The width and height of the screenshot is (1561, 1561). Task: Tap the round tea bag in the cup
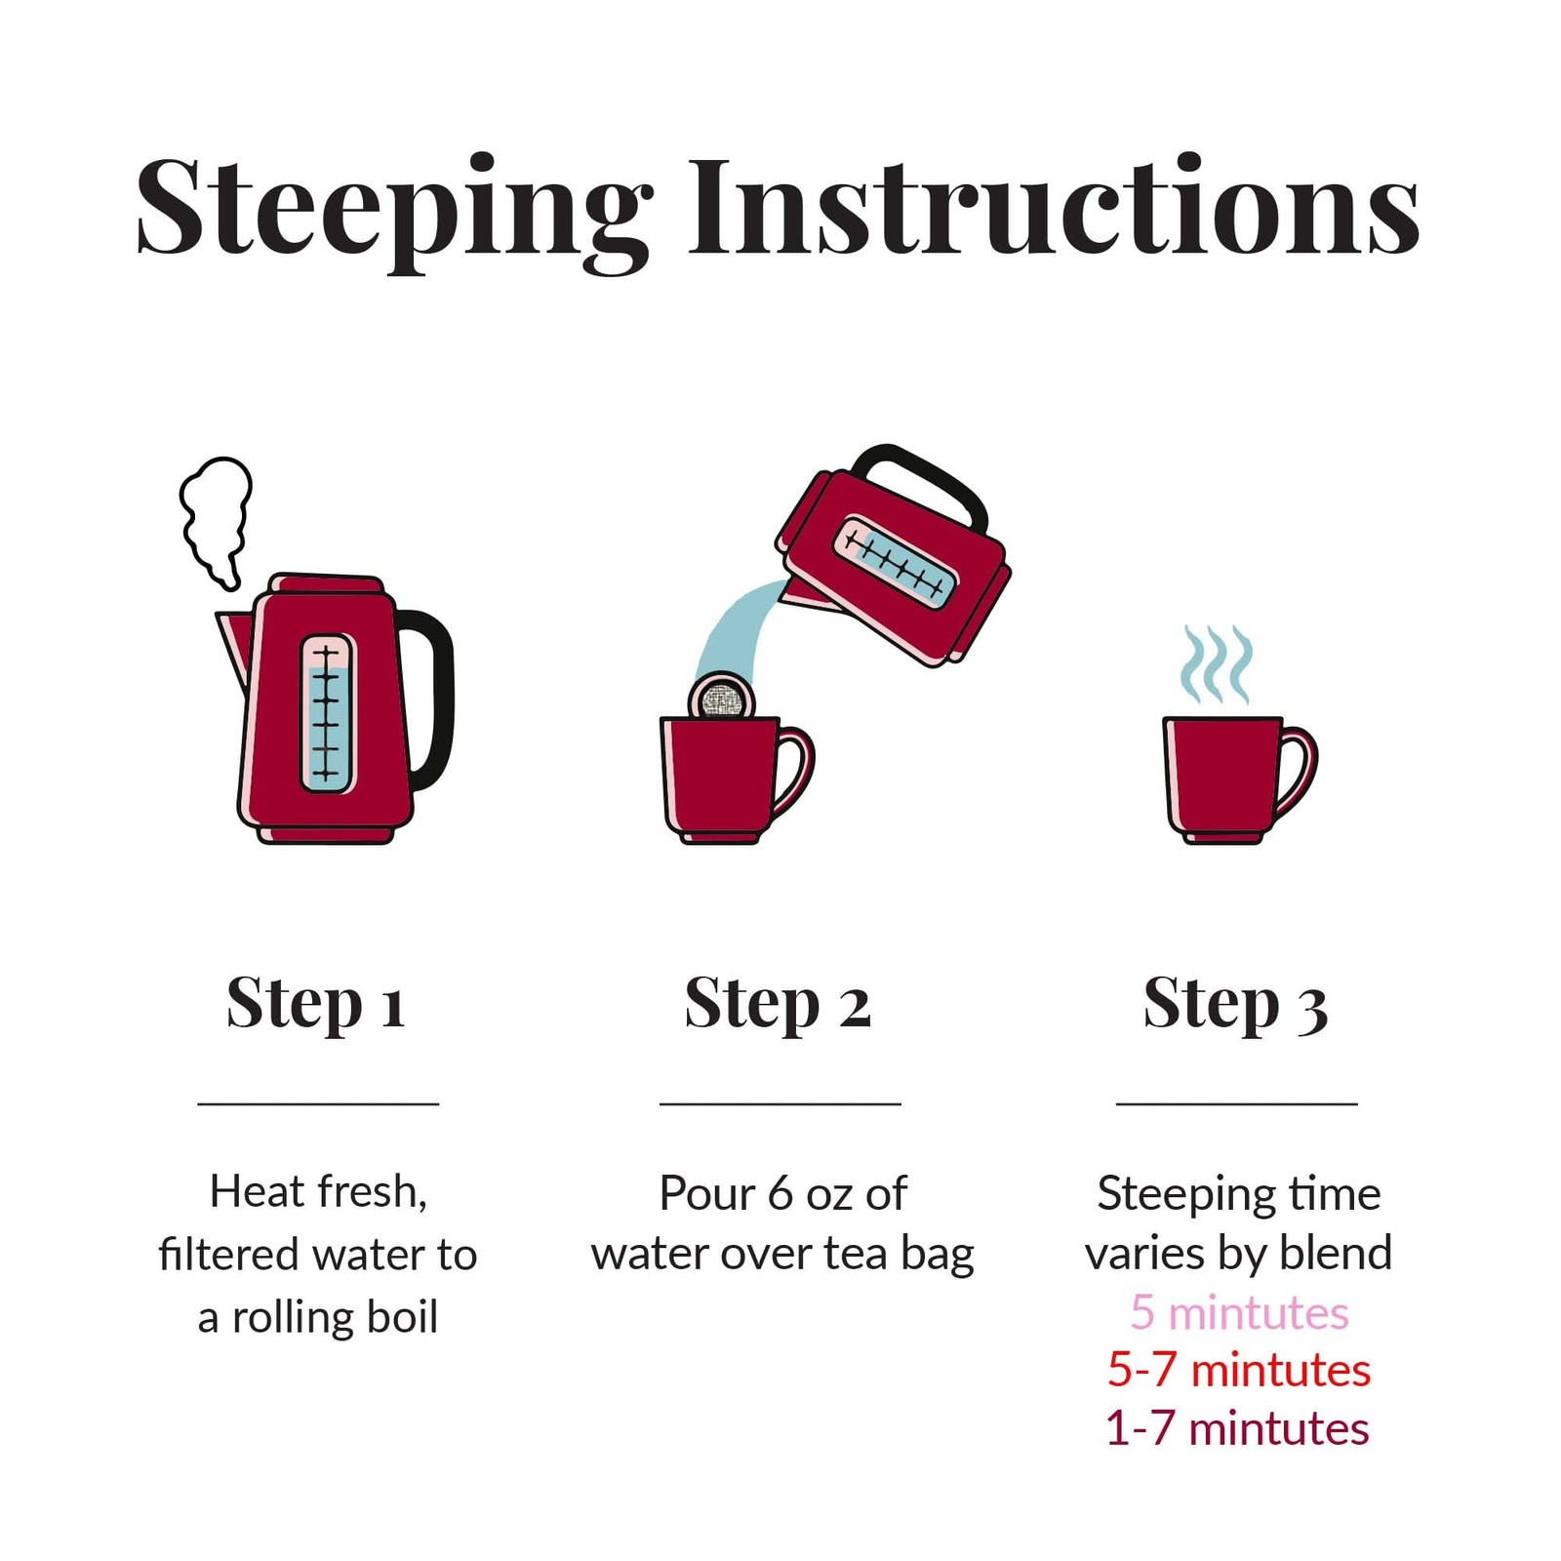[722, 697]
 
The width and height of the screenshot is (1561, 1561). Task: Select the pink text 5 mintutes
[1239, 1313]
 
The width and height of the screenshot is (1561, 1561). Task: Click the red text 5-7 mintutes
[1239, 1371]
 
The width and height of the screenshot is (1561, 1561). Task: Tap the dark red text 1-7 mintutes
[1237, 1429]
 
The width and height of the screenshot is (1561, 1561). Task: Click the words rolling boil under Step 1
[335, 1317]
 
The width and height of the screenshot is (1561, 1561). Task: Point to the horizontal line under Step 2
[780, 1103]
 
